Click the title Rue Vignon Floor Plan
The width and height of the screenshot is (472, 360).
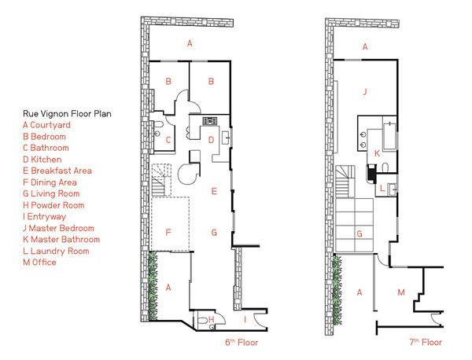click(x=67, y=114)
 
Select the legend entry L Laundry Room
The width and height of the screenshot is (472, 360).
click(x=56, y=251)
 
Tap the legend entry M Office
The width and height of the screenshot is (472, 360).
click(x=39, y=263)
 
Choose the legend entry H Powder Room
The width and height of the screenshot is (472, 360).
click(x=53, y=205)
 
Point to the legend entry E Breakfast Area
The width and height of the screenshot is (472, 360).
click(x=57, y=171)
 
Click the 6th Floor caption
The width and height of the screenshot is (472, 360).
click(x=242, y=342)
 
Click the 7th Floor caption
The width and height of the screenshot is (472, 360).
click(x=426, y=342)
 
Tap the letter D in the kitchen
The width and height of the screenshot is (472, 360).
click(x=211, y=140)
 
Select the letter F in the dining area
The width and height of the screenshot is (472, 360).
click(x=168, y=232)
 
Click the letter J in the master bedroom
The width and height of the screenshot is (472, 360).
click(x=365, y=91)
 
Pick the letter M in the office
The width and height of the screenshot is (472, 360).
click(x=401, y=292)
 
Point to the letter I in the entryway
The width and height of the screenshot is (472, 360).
click(x=245, y=319)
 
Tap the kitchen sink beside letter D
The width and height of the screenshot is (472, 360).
click(x=227, y=138)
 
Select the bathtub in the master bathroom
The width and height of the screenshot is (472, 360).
click(x=389, y=134)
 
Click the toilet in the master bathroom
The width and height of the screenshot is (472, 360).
click(x=385, y=167)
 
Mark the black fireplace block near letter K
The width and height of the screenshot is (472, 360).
click(x=371, y=174)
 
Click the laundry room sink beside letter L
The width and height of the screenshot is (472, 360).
click(x=392, y=189)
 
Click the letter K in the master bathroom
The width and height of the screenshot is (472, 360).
click(x=377, y=154)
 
